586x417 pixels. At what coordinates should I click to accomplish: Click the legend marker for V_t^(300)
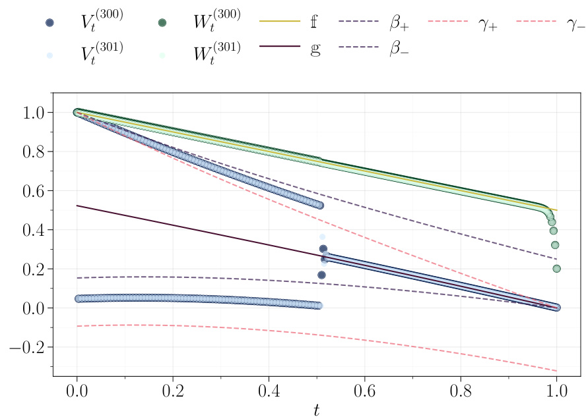coord(49,22)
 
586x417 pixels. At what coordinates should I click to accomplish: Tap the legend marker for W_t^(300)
coord(162,22)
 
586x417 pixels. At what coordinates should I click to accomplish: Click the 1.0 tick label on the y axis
coord(32,113)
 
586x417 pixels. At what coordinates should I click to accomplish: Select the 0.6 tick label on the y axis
coord(32,191)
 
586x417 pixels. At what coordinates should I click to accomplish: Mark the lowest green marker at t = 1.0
coord(556,269)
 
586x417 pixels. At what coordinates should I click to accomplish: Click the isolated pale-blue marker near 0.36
coord(323,236)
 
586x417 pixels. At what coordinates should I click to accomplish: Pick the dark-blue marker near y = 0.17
coord(322,275)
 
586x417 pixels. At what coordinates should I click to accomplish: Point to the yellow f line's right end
coord(557,210)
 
